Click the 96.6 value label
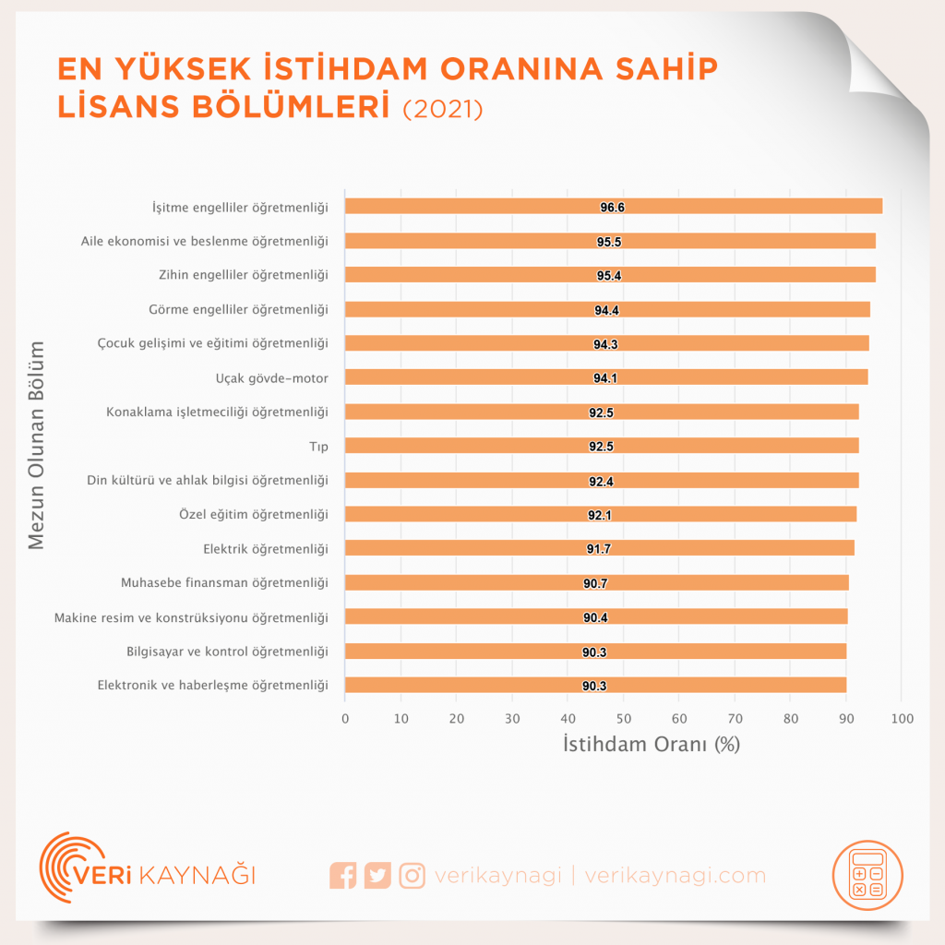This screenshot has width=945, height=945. (x=612, y=208)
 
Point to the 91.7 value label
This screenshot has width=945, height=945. (x=598, y=549)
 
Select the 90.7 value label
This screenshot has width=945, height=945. (x=594, y=583)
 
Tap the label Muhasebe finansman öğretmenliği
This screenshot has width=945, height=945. (x=224, y=582)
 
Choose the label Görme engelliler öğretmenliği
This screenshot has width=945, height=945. (x=238, y=309)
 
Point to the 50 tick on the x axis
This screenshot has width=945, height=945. (x=624, y=719)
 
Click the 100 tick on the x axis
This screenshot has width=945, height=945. (x=902, y=719)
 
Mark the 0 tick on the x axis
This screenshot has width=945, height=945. (x=345, y=719)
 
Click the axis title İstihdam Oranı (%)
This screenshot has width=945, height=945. (x=652, y=745)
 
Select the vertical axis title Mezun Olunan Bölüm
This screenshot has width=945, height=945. (x=36, y=445)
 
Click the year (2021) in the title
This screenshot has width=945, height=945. (x=442, y=108)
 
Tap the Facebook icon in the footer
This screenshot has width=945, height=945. (x=342, y=875)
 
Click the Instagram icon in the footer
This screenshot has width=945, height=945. (x=412, y=875)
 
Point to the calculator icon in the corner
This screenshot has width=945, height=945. (x=867, y=874)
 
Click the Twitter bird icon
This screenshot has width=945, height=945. (x=377, y=875)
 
